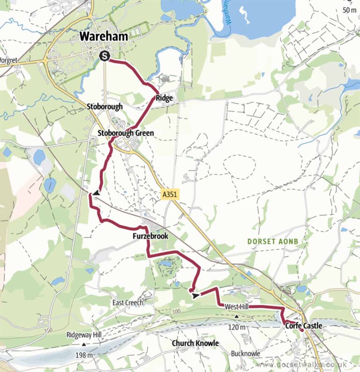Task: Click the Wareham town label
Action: [104, 36]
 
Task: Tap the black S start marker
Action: [105, 56]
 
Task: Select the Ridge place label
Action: [165, 98]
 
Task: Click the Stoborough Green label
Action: [126, 133]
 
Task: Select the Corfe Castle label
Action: [303, 325]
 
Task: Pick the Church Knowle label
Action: [195, 343]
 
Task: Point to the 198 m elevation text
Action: [84, 355]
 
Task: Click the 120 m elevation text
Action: [236, 327]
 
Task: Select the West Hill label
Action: [236, 306]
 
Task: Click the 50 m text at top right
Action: [349, 10]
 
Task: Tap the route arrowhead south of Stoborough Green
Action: [96, 193]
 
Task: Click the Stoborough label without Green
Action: [105, 106]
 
